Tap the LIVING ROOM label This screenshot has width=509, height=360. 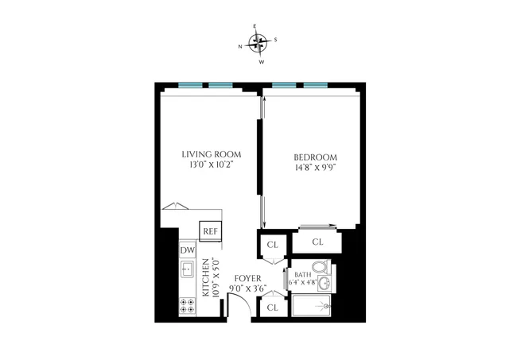[211, 154]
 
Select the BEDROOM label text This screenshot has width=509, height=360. [317, 157]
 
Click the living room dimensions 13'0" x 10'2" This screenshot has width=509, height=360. [211, 165]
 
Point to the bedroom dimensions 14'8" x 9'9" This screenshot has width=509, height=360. [317, 168]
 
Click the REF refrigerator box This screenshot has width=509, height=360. [210, 231]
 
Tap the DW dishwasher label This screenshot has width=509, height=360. [188, 251]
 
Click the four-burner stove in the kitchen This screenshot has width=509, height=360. [188, 306]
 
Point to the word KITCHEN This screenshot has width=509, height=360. [205, 277]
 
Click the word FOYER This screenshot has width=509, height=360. [247, 278]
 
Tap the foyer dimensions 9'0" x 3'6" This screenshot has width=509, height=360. [247, 288]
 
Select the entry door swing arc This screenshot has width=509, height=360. [236, 303]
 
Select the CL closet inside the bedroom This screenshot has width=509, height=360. [317, 242]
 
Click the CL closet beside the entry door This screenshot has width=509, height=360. [272, 307]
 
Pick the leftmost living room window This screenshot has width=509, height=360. [188, 84]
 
